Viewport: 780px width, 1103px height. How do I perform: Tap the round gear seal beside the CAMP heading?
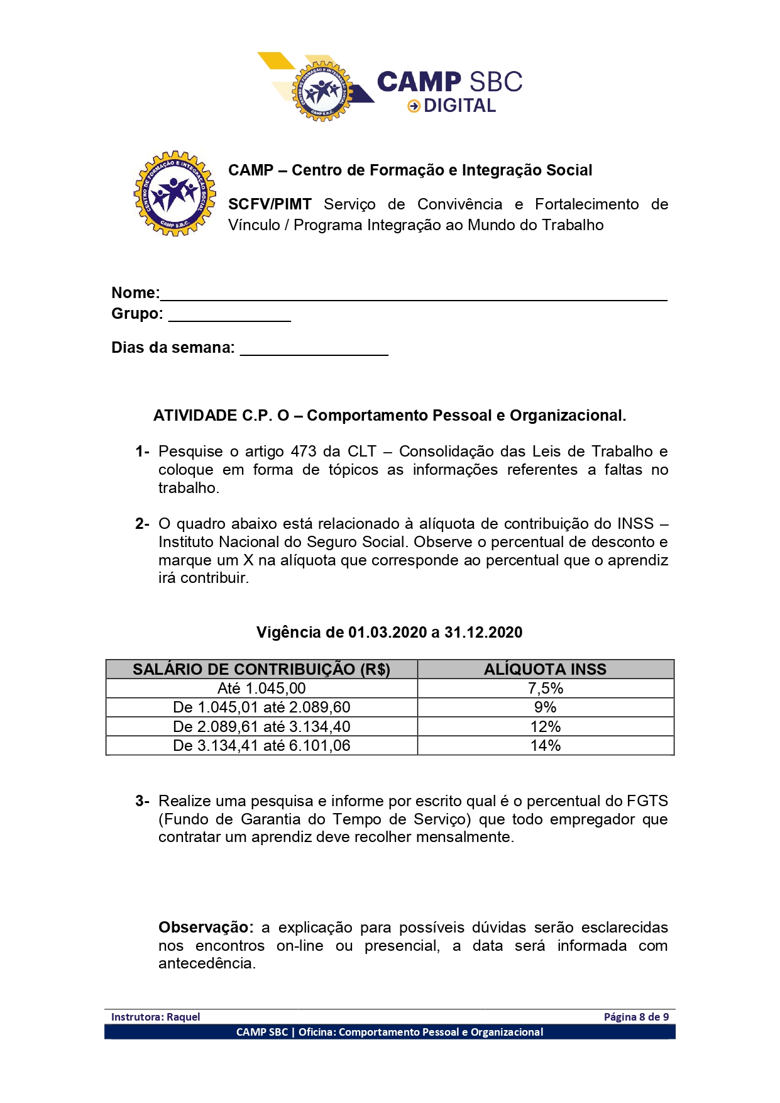(x=175, y=194)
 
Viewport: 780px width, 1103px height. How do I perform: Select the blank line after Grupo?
(x=229, y=316)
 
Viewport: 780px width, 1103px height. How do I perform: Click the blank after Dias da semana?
(x=314, y=350)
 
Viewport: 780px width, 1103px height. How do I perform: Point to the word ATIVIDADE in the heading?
(x=195, y=416)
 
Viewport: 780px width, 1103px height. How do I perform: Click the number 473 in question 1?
(x=304, y=452)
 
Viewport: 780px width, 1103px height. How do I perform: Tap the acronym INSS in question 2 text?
(x=635, y=524)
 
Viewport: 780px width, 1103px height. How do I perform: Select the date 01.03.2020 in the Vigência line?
(x=387, y=633)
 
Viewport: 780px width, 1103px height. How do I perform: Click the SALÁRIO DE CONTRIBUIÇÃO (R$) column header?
(x=261, y=670)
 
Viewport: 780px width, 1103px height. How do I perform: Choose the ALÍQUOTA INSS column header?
(x=545, y=670)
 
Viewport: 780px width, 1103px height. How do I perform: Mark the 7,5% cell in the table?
(x=545, y=689)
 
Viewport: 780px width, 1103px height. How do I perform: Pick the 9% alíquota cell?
(x=545, y=707)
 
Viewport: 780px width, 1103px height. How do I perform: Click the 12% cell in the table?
(x=545, y=727)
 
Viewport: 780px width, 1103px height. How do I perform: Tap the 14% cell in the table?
(x=545, y=746)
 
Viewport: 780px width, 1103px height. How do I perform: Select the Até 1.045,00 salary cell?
(x=261, y=689)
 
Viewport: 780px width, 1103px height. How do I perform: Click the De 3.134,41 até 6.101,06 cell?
(x=261, y=746)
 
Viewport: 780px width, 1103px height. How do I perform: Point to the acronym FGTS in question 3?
(x=647, y=801)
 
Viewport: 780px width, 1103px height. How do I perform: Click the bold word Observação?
(x=206, y=928)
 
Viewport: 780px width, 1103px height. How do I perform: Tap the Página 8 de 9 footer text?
(x=636, y=1017)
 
